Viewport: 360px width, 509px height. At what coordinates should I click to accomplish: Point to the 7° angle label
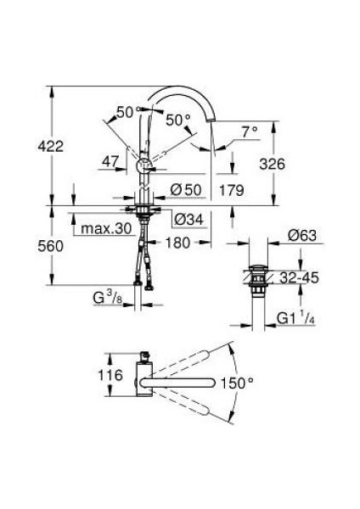[248, 131]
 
